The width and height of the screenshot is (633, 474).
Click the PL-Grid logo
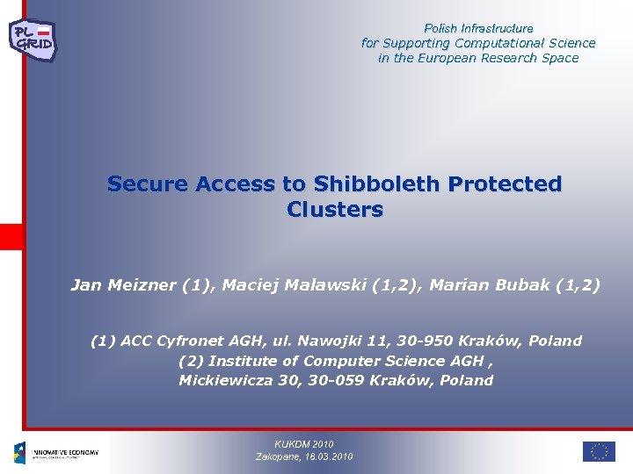tap(33, 38)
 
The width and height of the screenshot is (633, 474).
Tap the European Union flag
tap(599, 451)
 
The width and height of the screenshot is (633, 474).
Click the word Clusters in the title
tap(335, 211)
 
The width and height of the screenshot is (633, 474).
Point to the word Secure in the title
tap(149, 184)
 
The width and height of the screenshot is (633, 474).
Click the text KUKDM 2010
tap(304, 444)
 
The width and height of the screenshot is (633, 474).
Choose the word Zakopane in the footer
tap(278, 456)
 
